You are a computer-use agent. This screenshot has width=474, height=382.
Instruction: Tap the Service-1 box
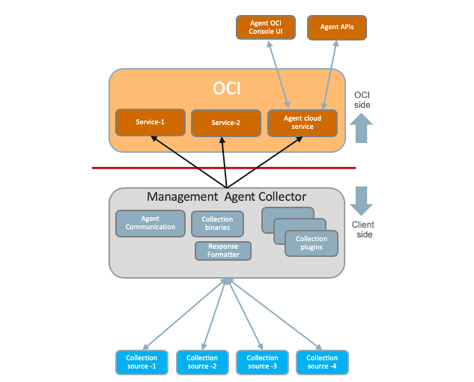point(150,123)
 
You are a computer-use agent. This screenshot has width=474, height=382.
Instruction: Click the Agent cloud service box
point(302,123)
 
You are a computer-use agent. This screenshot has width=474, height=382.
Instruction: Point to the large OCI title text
point(227,88)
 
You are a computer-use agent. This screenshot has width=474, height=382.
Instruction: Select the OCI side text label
point(362,100)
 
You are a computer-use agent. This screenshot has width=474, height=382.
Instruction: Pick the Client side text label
point(361,229)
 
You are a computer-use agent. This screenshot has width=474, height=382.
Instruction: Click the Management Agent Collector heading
point(227,197)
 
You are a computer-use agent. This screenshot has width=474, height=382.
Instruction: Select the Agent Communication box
point(150,223)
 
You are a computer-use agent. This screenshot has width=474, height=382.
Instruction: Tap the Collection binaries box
point(217,224)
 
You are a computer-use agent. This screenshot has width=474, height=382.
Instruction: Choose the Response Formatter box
point(224,251)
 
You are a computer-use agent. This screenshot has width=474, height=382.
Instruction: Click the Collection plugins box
point(311,243)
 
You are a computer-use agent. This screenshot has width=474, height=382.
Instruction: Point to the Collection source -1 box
point(142,362)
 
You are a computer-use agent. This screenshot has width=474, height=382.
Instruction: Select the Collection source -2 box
point(202,362)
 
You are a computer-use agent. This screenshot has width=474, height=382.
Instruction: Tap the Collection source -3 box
point(262,362)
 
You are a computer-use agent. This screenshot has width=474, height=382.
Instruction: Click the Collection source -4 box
point(322,362)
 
